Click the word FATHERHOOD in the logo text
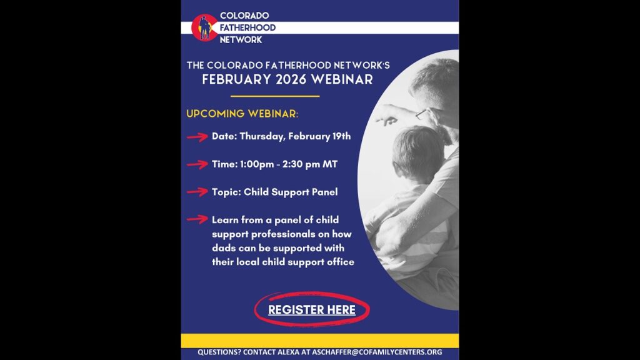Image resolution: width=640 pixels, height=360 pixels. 247,27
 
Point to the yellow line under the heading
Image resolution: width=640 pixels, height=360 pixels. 275,96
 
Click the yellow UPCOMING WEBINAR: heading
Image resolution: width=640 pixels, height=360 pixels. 242,114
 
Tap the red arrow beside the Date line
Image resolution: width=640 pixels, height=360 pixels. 197,137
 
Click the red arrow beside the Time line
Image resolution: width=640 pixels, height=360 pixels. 197,164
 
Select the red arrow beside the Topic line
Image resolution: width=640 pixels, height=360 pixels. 197,192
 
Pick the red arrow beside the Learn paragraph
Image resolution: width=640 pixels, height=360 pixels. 197,219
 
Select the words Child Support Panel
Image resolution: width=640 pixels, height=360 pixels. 291,192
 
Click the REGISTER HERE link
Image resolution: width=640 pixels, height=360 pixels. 312,310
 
